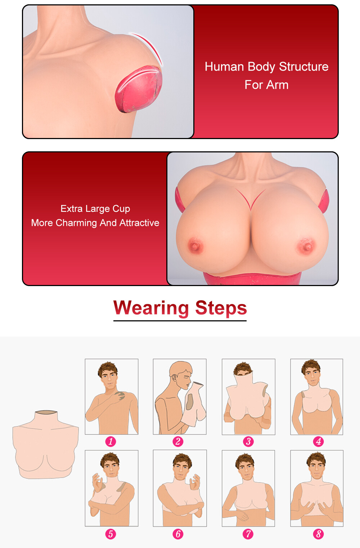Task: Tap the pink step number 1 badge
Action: (x=111, y=442)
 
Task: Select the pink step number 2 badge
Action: (x=178, y=442)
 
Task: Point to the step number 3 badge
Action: (x=248, y=442)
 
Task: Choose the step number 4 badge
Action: (x=319, y=442)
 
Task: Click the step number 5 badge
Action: (x=111, y=534)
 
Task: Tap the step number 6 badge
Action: (x=178, y=534)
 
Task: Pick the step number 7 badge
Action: (x=248, y=534)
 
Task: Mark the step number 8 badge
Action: (x=319, y=534)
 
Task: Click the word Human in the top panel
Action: (x=224, y=67)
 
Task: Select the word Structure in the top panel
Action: (x=304, y=67)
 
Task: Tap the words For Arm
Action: (x=267, y=85)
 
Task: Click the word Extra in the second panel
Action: (x=72, y=209)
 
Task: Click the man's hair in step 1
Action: (x=108, y=368)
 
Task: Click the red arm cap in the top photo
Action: (x=139, y=89)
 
